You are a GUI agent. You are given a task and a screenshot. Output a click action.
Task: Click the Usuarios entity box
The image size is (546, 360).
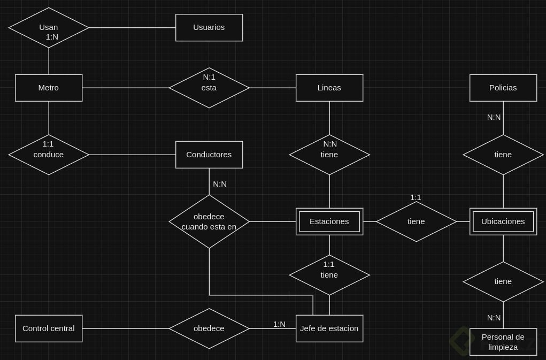tap(209, 27)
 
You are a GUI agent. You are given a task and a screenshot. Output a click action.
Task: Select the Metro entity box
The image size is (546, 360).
tap(49, 88)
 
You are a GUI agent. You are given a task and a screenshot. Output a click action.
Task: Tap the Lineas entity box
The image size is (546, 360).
tap(329, 88)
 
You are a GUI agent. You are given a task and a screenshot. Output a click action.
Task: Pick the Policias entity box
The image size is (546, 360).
tap(503, 88)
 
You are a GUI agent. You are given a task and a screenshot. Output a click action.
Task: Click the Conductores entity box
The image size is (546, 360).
tap(209, 155)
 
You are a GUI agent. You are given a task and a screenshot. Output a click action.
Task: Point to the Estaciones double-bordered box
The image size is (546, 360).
tap(329, 221)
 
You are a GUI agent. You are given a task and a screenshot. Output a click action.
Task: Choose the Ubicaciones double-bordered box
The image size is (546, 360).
tap(503, 221)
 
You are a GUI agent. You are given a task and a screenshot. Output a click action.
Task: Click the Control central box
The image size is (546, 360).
tap(49, 328)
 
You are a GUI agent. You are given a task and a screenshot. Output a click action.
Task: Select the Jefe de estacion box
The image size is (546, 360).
tap(329, 328)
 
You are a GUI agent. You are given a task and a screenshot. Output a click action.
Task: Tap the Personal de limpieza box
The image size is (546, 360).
tap(503, 341)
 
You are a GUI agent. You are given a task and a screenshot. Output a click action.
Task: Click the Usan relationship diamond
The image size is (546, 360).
tap(49, 27)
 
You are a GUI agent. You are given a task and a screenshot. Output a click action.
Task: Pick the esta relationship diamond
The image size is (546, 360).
tap(209, 88)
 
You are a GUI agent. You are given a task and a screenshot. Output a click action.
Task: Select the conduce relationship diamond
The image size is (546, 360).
tap(49, 155)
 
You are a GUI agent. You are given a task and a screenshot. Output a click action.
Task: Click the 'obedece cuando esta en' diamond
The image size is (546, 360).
tap(209, 221)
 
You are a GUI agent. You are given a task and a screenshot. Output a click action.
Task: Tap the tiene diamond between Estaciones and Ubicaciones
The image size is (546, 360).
tap(416, 221)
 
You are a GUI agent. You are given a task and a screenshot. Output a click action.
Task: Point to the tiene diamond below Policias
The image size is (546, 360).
tap(503, 155)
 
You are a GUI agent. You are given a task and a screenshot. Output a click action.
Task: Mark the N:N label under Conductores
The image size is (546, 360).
tap(220, 184)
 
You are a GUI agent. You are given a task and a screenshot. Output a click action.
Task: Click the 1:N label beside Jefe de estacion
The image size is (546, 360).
tap(279, 324)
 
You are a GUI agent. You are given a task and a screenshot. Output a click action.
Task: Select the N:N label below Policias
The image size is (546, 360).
tap(494, 117)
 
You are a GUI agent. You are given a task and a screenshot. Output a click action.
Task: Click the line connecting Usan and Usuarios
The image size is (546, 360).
tap(132, 27)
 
